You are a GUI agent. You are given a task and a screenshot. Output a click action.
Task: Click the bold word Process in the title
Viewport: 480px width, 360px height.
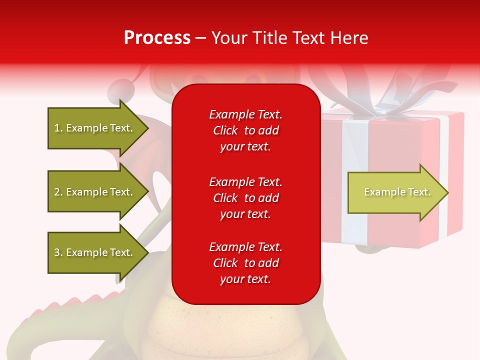click(x=157, y=37)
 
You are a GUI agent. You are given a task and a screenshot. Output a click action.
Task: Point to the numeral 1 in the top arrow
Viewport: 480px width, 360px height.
click(x=57, y=128)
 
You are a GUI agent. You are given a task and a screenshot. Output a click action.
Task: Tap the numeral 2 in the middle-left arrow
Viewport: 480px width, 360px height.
click(x=57, y=192)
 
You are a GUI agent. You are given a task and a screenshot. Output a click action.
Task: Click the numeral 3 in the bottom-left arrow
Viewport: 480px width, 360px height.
click(x=57, y=252)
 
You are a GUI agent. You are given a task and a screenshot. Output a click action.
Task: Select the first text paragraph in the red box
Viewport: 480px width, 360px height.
click(x=245, y=130)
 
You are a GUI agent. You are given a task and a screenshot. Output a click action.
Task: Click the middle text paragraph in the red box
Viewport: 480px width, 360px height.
click(x=245, y=198)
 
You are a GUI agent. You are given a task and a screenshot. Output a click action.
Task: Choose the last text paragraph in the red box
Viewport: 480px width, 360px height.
click(x=245, y=263)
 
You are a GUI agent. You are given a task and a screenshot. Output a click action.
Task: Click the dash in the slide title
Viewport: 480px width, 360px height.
click(x=201, y=38)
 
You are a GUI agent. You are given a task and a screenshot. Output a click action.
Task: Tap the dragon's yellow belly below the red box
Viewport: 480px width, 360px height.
click(x=235, y=330)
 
